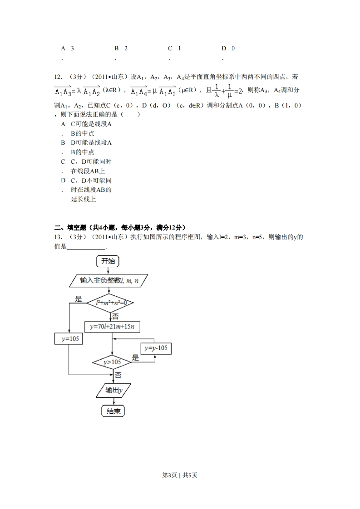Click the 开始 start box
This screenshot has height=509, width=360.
coord(108,261)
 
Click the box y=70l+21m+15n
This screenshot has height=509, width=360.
coord(113,327)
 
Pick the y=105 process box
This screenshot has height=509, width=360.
coord(69,338)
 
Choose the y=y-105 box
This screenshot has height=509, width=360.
coord(156,348)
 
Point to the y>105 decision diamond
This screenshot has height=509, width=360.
coord(112,362)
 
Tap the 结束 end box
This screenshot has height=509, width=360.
coord(113,411)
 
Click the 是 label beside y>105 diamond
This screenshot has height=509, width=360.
coord(135,357)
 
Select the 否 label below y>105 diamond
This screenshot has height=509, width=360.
coord(118,375)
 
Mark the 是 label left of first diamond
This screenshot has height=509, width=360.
coord(78,298)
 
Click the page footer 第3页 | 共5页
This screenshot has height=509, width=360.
coord(180,475)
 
